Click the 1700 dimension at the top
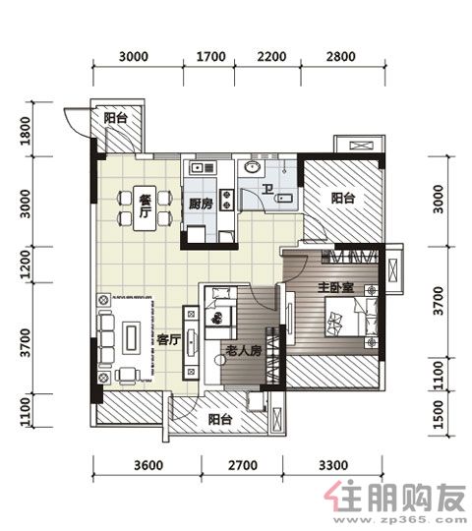[211, 57]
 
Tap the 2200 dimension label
[271, 57]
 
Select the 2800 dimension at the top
[341, 57]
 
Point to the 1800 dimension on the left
[26, 131]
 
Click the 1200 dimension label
[26, 265]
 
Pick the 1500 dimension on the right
[439, 414]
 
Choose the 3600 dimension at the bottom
[148, 465]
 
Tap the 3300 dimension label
[333, 465]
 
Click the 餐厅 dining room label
[145, 206]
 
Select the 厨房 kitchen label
[201, 204]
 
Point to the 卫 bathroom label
[267, 189]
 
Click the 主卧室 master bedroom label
[335, 287]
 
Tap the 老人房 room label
[244, 350]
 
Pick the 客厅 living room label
[168, 339]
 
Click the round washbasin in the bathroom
[253, 167]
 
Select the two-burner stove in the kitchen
[226, 200]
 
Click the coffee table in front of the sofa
[132, 337]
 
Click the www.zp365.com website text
[400, 520]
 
